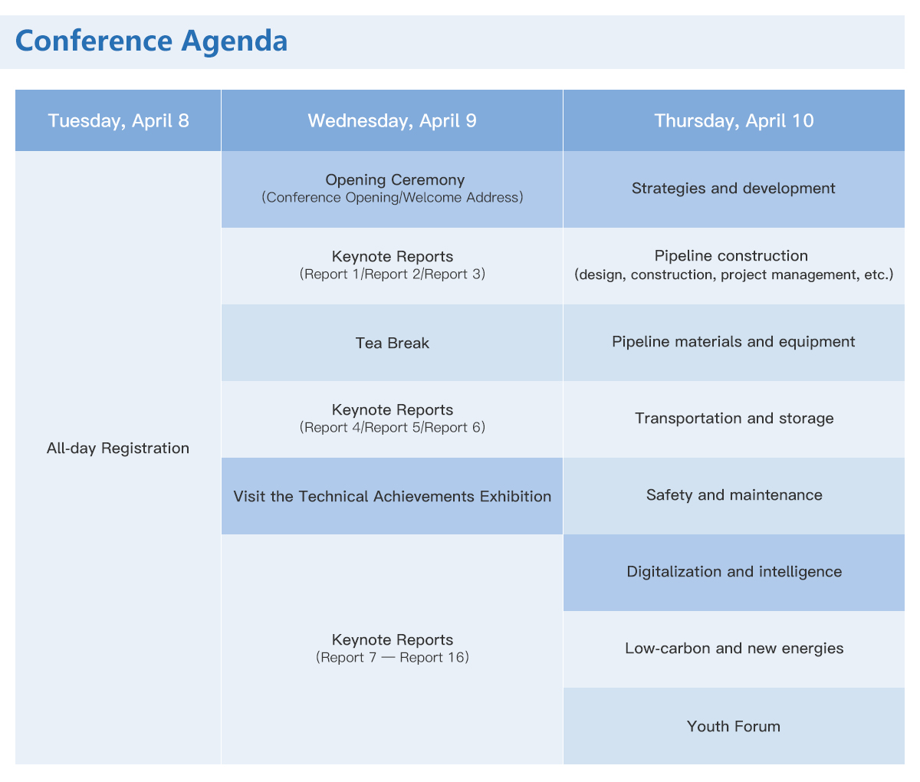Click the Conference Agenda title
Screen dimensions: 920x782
pos(151,41)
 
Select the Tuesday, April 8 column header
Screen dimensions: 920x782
pos(118,120)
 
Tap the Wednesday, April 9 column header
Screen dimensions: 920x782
pos(392,120)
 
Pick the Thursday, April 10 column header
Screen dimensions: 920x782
pos(734,120)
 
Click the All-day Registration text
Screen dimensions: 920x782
pos(118,449)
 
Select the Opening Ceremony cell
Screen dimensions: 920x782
pos(392,189)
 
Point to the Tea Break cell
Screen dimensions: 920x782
pos(392,343)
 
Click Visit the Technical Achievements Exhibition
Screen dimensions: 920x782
pos(392,496)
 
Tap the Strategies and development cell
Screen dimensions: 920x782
pos(734,189)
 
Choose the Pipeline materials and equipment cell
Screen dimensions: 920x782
pos(734,343)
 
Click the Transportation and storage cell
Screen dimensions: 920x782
pos(734,419)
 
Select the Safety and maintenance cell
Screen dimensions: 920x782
pos(734,496)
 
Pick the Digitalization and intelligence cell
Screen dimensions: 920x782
pos(734,573)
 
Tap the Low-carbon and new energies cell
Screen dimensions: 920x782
pos(734,649)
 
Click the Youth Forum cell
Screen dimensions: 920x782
pos(734,726)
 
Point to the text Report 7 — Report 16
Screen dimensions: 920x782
pos(392,657)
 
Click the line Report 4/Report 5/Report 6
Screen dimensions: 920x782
pos(392,427)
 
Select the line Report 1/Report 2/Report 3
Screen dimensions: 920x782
pos(392,274)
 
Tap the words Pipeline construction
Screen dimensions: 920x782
pos(731,256)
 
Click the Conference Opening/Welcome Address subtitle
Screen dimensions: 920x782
pos(392,198)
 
